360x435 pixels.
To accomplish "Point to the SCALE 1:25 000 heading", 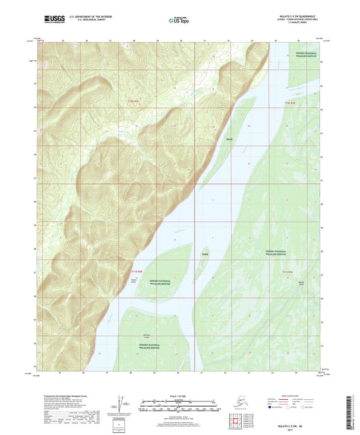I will [180, 394].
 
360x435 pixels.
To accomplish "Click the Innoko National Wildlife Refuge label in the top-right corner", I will [305, 58].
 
